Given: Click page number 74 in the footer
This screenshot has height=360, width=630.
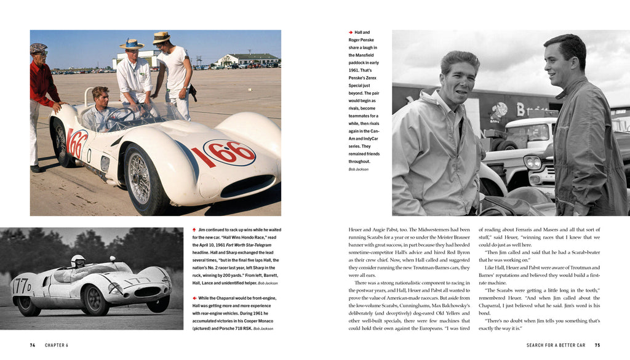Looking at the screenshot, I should tap(33, 345).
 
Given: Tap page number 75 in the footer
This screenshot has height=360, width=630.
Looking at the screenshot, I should tap(597, 345).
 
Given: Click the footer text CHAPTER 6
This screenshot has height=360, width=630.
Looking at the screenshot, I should tap(57, 345).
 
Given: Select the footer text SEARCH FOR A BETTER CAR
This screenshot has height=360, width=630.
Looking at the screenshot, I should tap(556, 345).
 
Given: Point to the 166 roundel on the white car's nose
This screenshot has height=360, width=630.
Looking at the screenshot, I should tap(229, 153).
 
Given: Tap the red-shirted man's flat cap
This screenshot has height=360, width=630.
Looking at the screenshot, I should tap(39, 48).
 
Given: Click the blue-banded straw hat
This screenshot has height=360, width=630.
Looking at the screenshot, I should tap(132, 44).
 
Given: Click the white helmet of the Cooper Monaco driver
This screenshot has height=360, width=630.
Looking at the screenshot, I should tap(78, 261).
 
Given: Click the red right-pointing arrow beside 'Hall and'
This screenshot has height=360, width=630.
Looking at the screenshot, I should tap(351, 32).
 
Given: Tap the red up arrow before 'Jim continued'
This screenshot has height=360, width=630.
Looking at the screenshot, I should tap(194, 230).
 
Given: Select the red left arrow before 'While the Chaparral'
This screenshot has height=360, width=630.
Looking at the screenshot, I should tap(194, 298).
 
